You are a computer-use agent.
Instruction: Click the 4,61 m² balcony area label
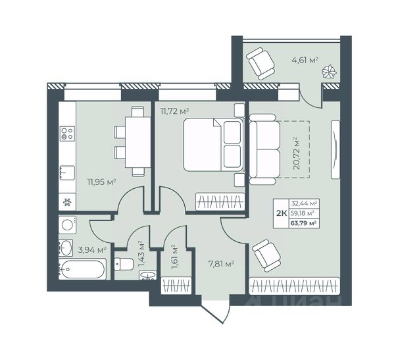click(305, 61)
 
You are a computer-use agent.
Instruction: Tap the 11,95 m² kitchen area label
click(102, 182)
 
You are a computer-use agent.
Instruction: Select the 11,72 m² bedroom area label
click(174, 111)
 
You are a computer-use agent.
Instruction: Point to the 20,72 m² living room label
click(296, 153)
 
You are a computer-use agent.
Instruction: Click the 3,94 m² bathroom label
click(92, 250)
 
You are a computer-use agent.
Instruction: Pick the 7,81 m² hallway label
click(221, 265)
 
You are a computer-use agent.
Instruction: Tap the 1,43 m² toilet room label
click(141, 254)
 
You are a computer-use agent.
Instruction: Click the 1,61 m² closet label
click(174, 257)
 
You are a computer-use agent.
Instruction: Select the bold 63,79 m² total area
click(303, 223)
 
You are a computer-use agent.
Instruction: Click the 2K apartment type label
click(282, 213)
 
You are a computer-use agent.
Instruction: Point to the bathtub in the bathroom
click(82, 269)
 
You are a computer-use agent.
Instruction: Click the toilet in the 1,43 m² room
click(124, 264)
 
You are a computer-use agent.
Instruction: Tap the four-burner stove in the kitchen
click(67, 134)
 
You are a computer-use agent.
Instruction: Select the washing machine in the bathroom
click(67, 225)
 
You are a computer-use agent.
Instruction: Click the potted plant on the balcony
click(329, 72)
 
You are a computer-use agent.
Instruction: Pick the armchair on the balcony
click(261, 64)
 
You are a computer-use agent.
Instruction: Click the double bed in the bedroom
click(213, 144)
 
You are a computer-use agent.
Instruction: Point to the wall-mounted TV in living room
click(336, 149)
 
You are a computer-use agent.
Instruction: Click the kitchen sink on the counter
click(67, 173)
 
